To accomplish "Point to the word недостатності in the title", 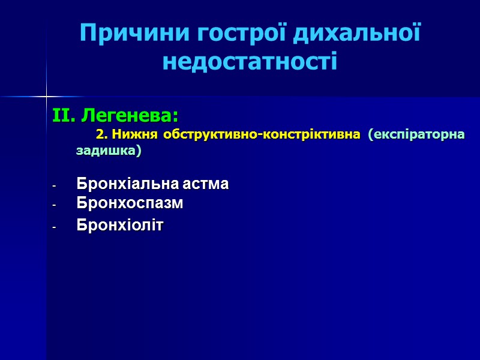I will [x=250, y=61].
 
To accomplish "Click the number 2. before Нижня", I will [x=101, y=134].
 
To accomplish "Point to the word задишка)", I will [x=109, y=151].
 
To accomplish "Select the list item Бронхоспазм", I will [x=130, y=203].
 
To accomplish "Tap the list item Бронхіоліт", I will [x=120, y=225].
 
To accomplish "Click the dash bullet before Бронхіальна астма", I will [x=55, y=185].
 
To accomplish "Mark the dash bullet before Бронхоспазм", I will [x=55, y=205].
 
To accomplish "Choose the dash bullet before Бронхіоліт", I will [x=55, y=226].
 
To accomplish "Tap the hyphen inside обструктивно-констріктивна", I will [x=257, y=134].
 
